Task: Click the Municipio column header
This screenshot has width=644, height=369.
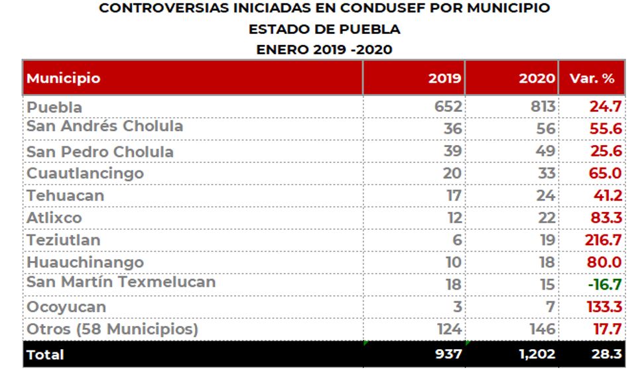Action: pyautogui.click(x=64, y=78)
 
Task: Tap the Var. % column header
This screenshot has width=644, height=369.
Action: pyautogui.click(x=592, y=78)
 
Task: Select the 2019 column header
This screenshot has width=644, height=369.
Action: pyautogui.click(x=445, y=78)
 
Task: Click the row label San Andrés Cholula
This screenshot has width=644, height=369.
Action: pyautogui.click(x=104, y=126)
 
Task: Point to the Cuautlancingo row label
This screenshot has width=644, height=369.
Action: pyautogui.click(x=85, y=174)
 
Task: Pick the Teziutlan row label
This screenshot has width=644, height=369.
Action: pyautogui.click(x=65, y=239)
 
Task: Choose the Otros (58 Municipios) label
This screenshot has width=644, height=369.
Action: pyautogui.click(x=112, y=329)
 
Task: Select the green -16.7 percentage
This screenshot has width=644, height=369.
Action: pyautogui.click(x=604, y=285)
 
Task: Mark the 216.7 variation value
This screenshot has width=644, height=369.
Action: pyautogui.click(x=603, y=240)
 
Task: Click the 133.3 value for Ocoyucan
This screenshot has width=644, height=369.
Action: pyautogui.click(x=603, y=307)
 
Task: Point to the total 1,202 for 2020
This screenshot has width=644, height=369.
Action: pyautogui.click(x=537, y=354)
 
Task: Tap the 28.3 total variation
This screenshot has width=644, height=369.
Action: pyautogui.click(x=607, y=354)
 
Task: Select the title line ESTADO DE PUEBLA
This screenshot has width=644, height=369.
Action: pyautogui.click(x=324, y=30)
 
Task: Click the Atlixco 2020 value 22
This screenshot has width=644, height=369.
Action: pyautogui.click(x=546, y=218)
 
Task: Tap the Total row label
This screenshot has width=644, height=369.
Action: pyautogui.click(x=45, y=354)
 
